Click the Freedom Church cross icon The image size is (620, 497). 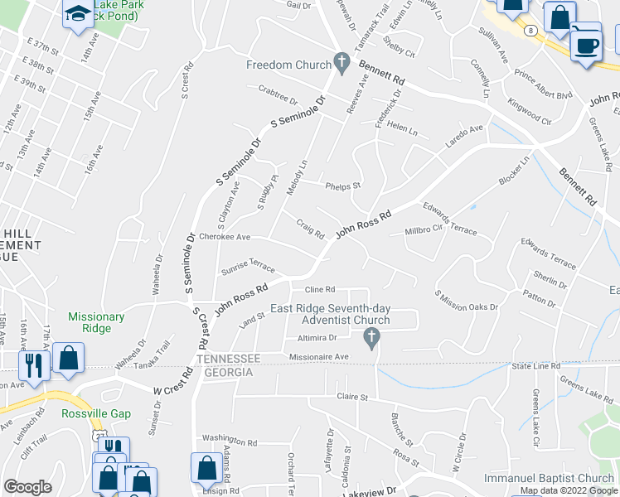[340, 63]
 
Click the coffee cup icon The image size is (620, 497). [587, 43]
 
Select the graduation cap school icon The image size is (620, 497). [78, 14]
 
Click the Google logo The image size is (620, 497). [27, 487]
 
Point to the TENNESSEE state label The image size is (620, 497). [229, 359]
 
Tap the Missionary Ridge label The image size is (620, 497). [96, 322]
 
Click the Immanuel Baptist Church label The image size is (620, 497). [550, 479]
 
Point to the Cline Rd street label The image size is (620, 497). [319, 290]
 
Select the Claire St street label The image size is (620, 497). [351, 398]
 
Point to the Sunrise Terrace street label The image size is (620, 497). [247, 267]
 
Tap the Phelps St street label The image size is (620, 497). [342, 186]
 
